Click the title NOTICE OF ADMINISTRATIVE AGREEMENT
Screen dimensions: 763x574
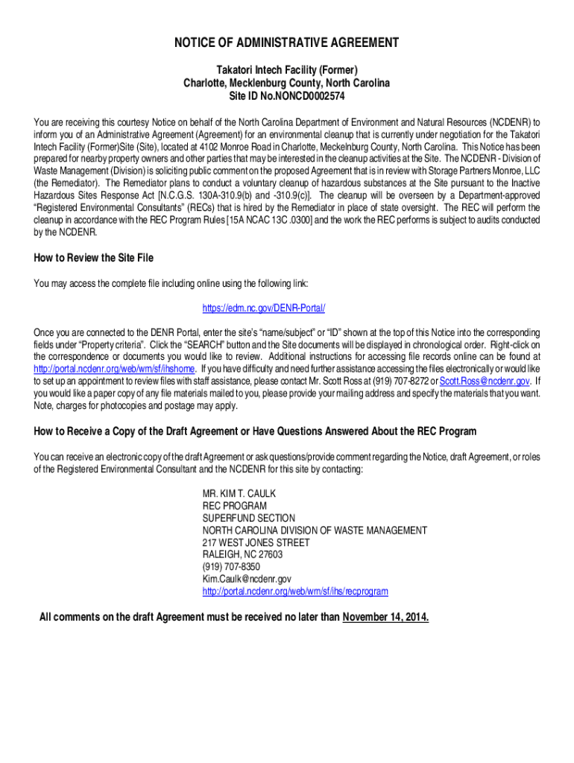point(287,43)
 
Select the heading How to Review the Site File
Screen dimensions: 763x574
point(93,258)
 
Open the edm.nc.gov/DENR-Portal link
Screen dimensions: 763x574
point(264,308)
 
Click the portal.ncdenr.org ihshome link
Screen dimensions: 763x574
point(116,369)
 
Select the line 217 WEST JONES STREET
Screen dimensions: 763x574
point(256,542)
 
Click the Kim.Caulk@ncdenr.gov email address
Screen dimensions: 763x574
point(247,579)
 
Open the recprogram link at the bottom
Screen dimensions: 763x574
point(295,591)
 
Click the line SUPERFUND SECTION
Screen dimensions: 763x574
point(249,518)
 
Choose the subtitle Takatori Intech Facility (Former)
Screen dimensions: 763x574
point(287,70)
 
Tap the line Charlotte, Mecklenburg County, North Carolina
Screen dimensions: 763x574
point(287,83)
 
